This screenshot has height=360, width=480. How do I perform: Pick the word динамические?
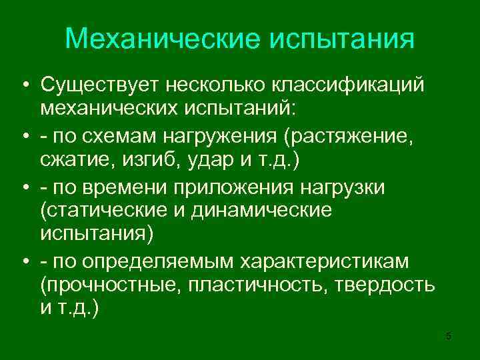pos(267,211)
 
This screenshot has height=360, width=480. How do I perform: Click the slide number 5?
pos(448,336)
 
